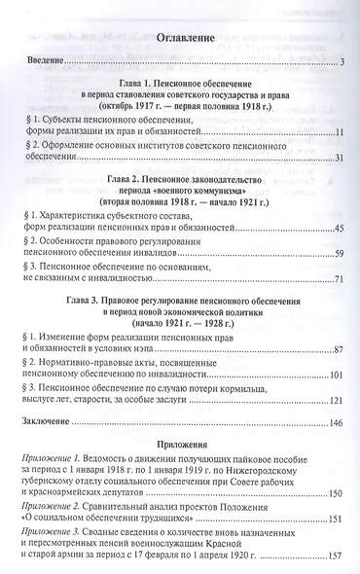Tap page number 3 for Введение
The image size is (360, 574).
click(344, 64)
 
